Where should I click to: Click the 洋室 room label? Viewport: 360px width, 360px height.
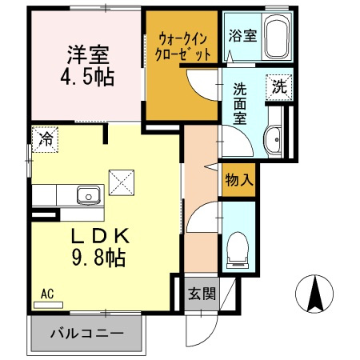tap(87, 55)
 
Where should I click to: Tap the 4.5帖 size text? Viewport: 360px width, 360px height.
tap(87, 78)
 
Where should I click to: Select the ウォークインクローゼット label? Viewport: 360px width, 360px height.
tap(184, 46)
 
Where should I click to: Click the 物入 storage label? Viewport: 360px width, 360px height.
tap(238, 180)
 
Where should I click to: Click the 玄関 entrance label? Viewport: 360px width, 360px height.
tap(202, 294)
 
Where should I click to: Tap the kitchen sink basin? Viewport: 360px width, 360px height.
tap(87, 194)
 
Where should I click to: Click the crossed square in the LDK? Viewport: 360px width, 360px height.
tap(122, 181)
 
